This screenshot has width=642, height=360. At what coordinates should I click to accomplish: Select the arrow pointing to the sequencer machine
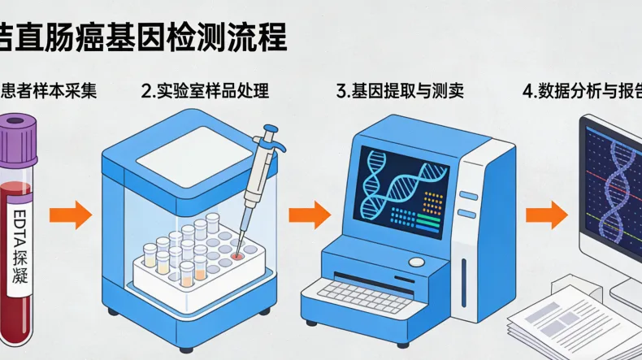coord(310,215)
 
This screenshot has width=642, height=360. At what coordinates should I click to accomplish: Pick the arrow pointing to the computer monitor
coord(545,215)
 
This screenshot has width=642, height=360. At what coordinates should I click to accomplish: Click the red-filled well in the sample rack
coord(236,255)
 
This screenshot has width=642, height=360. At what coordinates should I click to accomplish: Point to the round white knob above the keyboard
coord(416,262)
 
